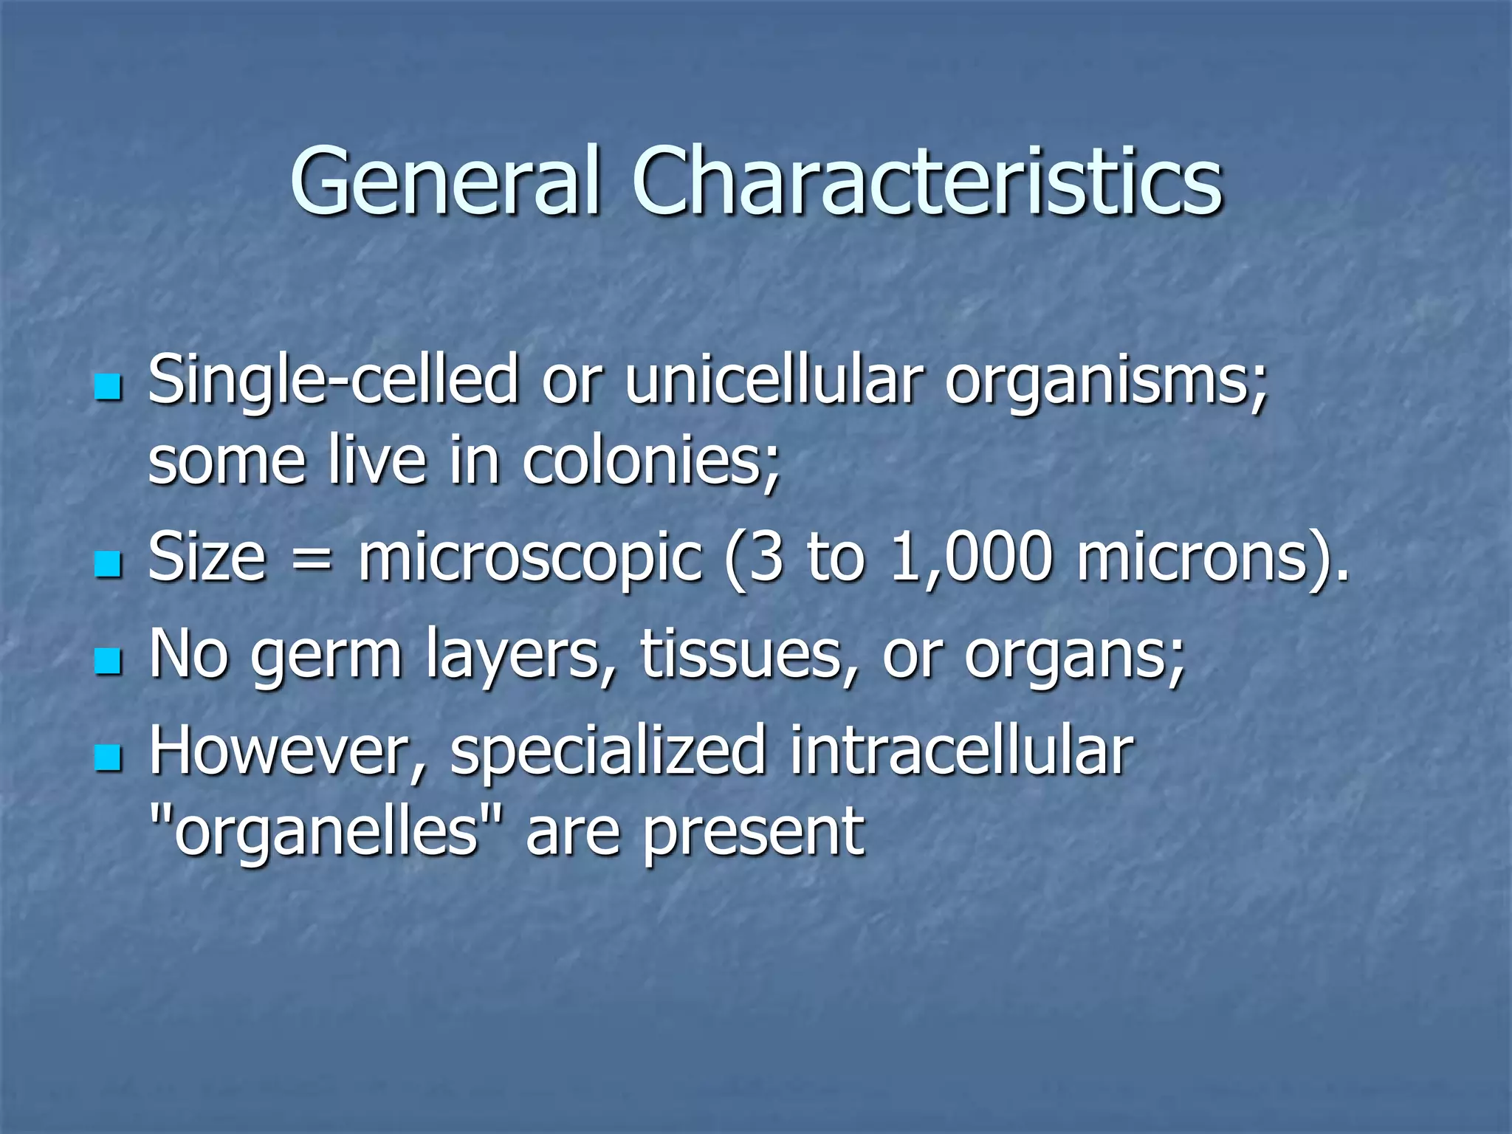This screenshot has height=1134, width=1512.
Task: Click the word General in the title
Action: (444, 181)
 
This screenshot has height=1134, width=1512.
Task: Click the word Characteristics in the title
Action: (927, 181)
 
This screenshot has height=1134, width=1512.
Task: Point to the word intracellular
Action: (961, 751)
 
